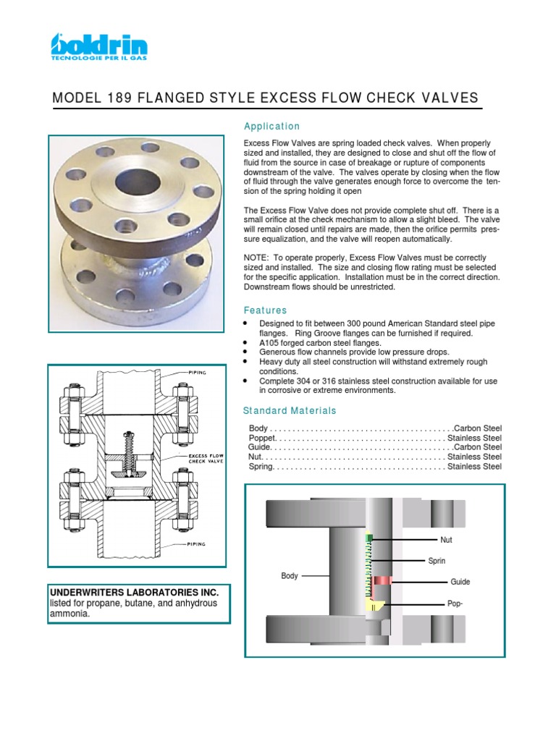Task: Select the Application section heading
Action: [271, 126]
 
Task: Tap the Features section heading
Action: [265, 310]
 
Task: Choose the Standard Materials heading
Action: [290, 410]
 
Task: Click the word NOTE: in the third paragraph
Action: [257, 258]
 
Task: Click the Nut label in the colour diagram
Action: [446, 540]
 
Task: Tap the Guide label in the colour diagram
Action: [460, 582]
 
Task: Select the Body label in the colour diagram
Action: [290, 576]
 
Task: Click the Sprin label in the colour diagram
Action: [437, 561]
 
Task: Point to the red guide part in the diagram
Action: [382, 580]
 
